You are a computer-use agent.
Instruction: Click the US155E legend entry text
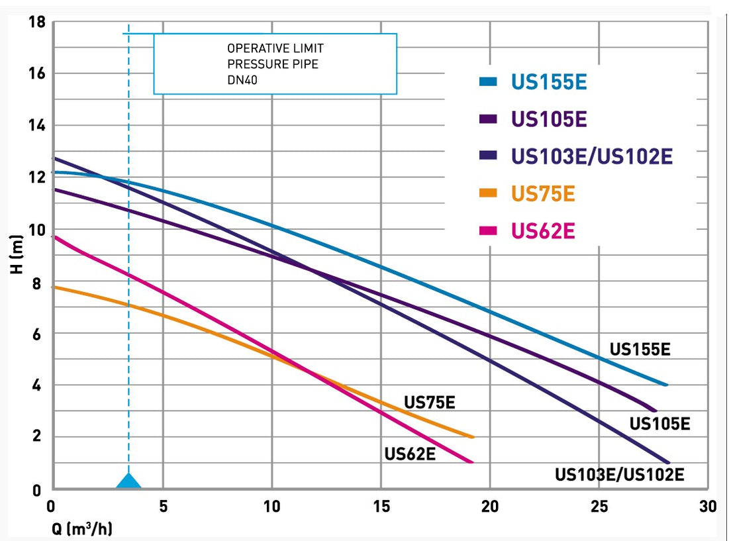[x=549, y=82]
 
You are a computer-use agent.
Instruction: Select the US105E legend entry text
[x=549, y=119]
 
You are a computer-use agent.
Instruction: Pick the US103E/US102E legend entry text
[x=592, y=156]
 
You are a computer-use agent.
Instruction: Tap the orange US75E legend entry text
[x=543, y=194]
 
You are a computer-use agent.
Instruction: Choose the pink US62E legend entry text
[x=543, y=231]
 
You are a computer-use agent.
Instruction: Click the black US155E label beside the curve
[x=640, y=349]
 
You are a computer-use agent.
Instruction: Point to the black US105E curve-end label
[x=659, y=423]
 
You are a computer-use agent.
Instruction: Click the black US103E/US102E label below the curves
[x=619, y=474]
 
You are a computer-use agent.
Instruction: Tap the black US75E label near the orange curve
[x=430, y=402]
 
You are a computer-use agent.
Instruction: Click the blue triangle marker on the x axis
[x=128, y=481]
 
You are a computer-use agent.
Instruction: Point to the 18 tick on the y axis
[x=38, y=23]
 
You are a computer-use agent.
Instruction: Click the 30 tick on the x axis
[x=708, y=507]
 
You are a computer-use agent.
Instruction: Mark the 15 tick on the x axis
[x=381, y=507]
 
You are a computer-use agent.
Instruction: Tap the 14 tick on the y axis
[x=38, y=125]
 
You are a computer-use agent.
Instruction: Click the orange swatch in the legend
[x=488, y=194]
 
